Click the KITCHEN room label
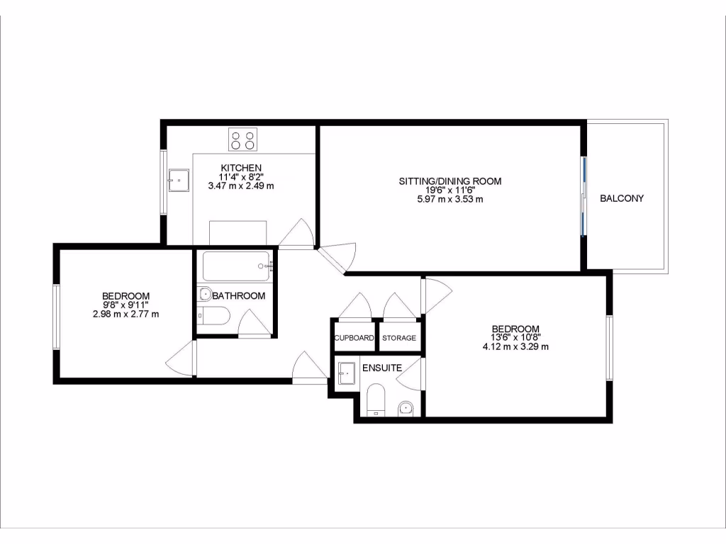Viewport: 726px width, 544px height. [240, 167]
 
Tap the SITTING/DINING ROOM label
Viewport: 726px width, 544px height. [449, 181]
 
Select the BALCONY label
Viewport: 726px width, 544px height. [622, 198]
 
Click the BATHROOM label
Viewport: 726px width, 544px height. [239, 296]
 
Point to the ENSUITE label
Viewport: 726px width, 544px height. [382, 368]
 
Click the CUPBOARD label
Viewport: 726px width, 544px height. [354, 338]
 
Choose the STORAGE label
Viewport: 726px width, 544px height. [399, 338]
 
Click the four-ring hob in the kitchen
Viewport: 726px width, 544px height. [242, 140]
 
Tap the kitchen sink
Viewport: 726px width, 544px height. [178, 181]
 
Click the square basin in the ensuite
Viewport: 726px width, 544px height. [347, 373]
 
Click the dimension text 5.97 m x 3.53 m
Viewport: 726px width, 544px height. [449, 199]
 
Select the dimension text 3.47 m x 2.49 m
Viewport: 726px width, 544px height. [240, 186]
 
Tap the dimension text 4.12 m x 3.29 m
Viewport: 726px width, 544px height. [515, 347]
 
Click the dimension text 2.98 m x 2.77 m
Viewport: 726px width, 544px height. [125, 314]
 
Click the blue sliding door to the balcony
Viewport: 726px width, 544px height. [583, 196]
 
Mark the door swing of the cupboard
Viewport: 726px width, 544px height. [354, 306]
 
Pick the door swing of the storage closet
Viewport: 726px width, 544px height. [398, 306]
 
